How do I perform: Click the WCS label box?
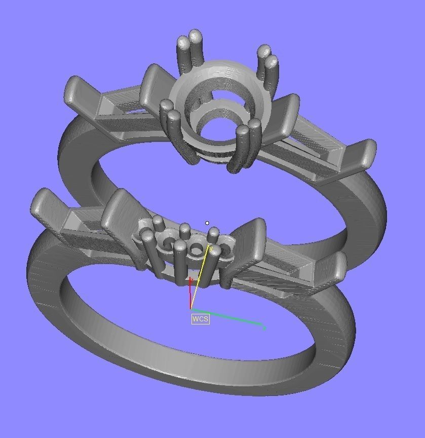click(x=200, y=319)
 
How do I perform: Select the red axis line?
click(x=190, y=294)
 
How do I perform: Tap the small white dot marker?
click(x=207, y=223)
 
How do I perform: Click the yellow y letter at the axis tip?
click(x=210, y=248)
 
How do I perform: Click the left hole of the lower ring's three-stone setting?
click(x=166, y=245)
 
